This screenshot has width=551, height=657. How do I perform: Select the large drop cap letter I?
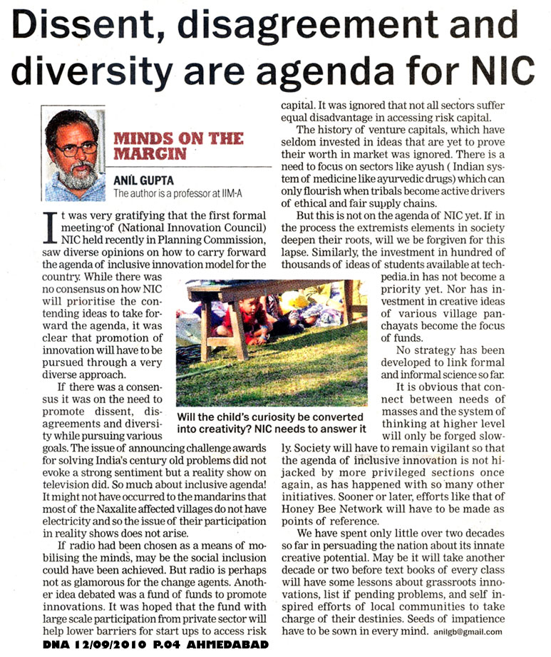pyautogui.click(x=48, y=230)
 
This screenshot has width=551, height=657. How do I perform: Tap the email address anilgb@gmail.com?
pyautogui.click(x=468, y=632)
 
